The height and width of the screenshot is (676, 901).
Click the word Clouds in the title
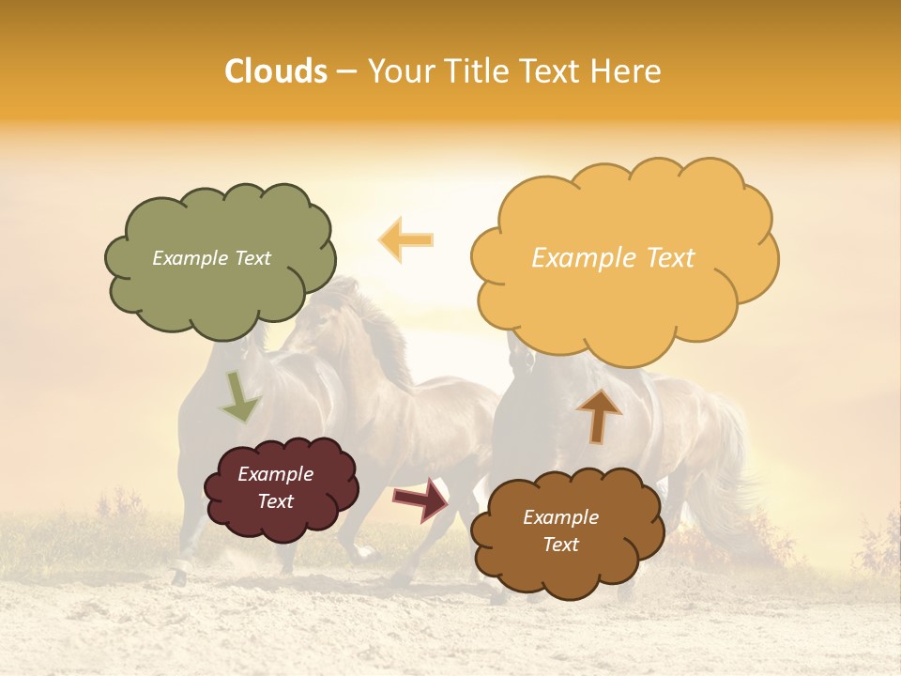tap(276, 71)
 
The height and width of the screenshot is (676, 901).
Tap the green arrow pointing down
tap(239, 396)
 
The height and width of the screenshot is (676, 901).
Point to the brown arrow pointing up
tap(599, 415)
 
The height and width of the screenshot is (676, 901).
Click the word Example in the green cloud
tap(188, 258)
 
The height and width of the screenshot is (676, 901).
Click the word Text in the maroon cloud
tap(276, 501)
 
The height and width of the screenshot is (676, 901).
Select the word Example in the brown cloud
tap(560, 517)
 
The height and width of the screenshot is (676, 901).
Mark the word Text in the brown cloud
tap(560, 545)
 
